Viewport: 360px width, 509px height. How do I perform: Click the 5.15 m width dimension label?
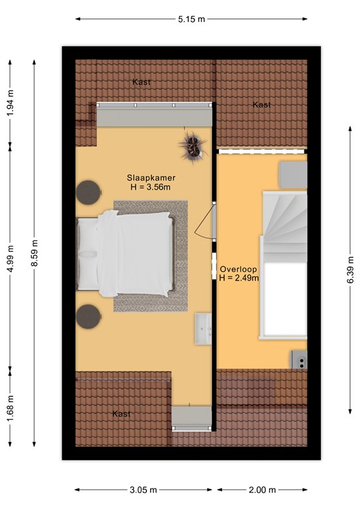tap(192, 19)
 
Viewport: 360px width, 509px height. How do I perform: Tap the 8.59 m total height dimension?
tap(34, 253)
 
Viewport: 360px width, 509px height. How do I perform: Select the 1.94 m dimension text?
tap(11, 103)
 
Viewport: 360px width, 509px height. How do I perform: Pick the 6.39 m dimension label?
tap(351, 270)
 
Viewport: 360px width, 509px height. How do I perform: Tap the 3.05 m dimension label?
tap(143, 490)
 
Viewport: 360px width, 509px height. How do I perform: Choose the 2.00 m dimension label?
tap(263, 490)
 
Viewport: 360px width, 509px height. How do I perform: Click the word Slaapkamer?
tap(151, 178)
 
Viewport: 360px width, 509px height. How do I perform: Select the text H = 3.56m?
tap(150, 188)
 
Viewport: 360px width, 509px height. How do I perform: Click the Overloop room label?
tap(239, 269)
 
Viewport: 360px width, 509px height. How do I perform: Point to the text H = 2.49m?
tap(239, 278)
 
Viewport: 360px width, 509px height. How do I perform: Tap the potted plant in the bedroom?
tap(194, 146)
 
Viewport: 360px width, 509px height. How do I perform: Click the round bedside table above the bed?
tap(88, 192)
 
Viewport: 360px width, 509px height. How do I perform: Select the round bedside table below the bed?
tap(88, 317)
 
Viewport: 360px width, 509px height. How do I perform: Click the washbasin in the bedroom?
tap(204, 329)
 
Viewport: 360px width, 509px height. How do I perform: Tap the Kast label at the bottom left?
tap(121, 414)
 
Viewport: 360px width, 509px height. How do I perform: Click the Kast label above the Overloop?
tap(262, 105)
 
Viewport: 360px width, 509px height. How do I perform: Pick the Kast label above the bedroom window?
tap(141, 82)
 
